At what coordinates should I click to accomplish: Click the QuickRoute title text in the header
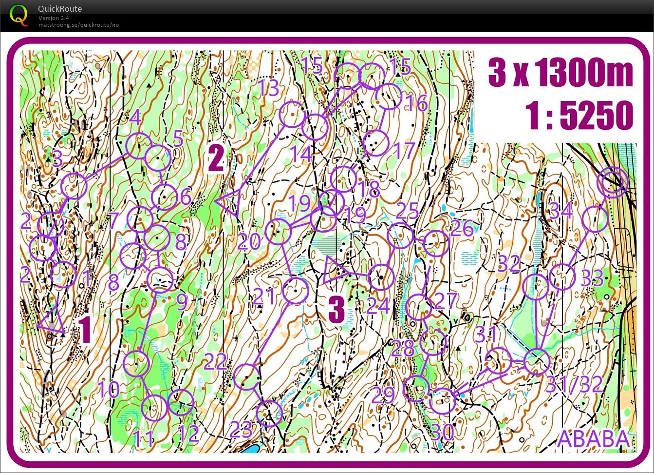click(x=59, y=8)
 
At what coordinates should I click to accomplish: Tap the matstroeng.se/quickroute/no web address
click(x=78, y=25)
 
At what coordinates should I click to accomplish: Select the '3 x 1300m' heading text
click(x=561, y=73)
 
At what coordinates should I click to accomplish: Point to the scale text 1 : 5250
click(x=579, y=116)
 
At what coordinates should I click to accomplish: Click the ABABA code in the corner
click(x=593, y=438)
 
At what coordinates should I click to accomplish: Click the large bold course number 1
click(x=85, y=330)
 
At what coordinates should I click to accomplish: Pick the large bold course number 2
click(x=216, y=159)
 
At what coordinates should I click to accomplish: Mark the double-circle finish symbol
click(x=614, y=182)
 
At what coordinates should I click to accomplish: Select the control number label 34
click(x=561, y=211)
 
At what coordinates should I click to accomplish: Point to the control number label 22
click(x=215, y=362)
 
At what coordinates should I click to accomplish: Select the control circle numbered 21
click(x=295, y=291)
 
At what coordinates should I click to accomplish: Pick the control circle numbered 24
click(x=381, y=277)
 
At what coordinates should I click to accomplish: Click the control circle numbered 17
click(x=376, y=143)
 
